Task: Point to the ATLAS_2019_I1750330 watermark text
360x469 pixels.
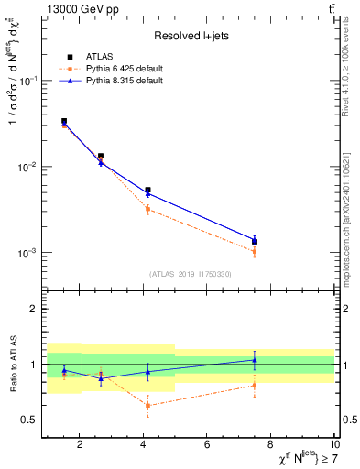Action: coord(191,274)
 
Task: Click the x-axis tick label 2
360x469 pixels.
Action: coord(80,445)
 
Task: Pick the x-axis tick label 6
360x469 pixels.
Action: coord(207,445)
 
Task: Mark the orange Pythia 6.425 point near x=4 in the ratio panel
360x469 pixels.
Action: coord(147,405)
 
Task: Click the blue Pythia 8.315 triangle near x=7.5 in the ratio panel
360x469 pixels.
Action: coord(255,360)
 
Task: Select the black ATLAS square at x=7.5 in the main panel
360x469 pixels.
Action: coord(255,242)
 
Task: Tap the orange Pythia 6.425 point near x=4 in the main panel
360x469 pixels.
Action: coord(147,210)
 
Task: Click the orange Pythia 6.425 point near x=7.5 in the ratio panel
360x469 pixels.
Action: coord(255,386)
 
